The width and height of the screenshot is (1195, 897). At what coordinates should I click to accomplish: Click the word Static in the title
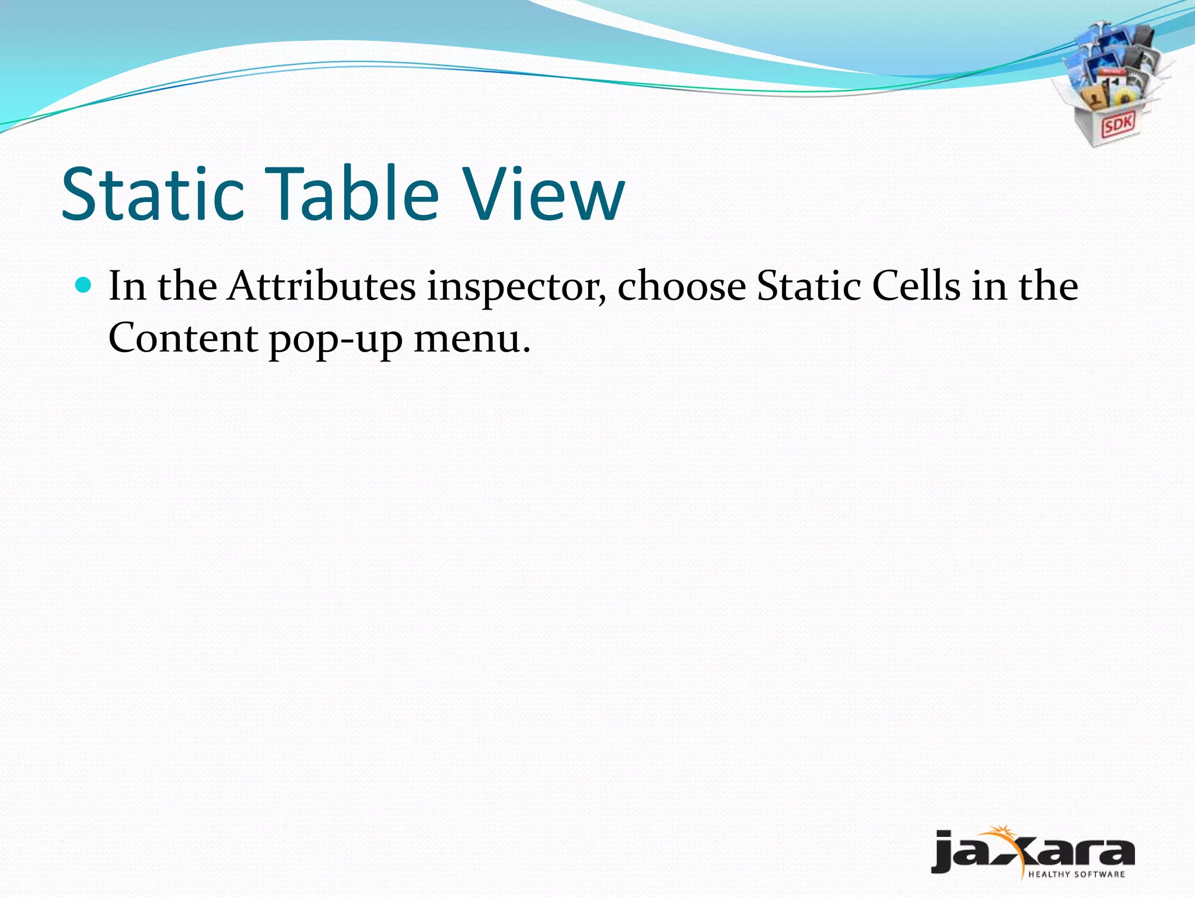click(153, 194)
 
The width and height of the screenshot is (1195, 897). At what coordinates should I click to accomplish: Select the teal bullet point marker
click(84, 285)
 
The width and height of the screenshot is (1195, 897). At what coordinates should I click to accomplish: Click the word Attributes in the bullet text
click(322, 286)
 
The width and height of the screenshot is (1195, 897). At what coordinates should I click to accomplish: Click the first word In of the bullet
click(127, 286)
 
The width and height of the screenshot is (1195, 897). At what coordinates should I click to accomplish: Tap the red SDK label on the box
click(1117, 125)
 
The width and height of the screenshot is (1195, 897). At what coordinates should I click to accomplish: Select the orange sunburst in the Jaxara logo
click(1001, 833)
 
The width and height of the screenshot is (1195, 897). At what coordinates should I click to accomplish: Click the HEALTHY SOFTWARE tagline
click(1076, 874)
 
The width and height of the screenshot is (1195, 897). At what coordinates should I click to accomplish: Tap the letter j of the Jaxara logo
click(944, 851)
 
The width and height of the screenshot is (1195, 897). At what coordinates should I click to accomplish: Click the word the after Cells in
click(1048, 286)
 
